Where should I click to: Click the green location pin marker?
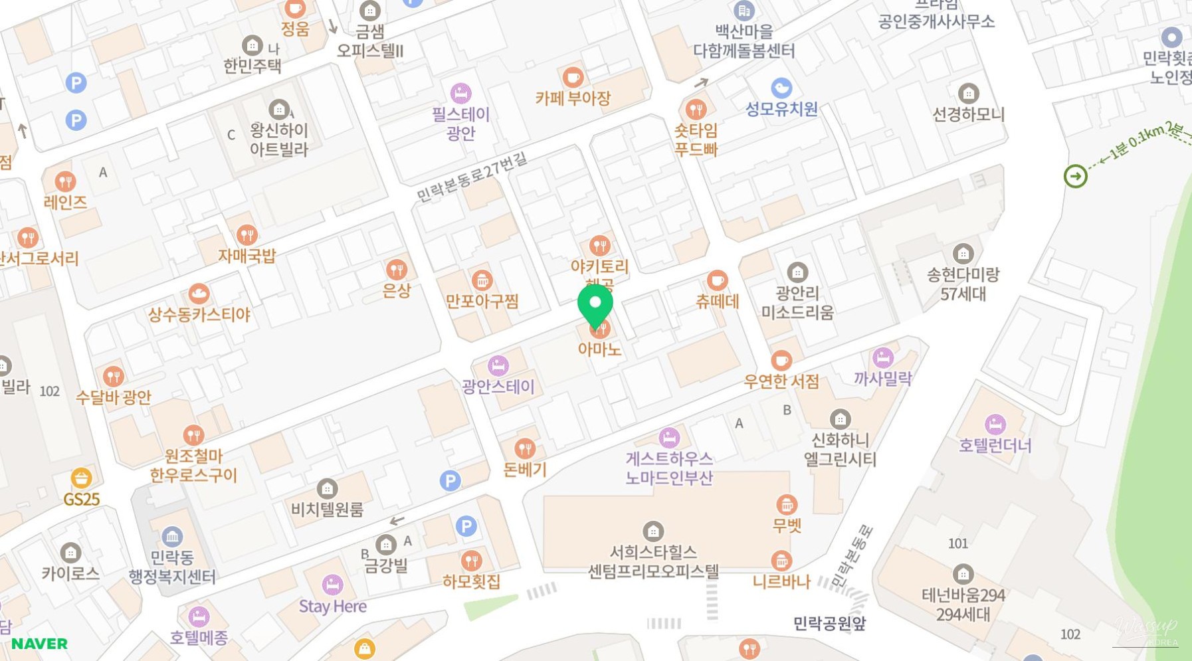coord(595,305)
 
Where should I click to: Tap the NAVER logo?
coord(39,644)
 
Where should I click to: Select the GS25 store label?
coord(81,499)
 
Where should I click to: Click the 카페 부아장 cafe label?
coord(573,98)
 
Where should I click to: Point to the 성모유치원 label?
coord(781,109)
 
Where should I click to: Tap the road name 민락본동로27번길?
coord(472,176)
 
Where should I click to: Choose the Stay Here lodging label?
coord(332,606)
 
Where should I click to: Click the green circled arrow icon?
coord(1075,176)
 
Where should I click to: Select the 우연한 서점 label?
coord(781,381)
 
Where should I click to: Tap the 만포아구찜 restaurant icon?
coord(482,280)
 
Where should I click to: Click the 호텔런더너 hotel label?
coord(995,445)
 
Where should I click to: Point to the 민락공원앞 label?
coord(829,623)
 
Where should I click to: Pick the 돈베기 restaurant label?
coord(525,469)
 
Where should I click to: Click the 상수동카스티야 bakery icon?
coord(199,294)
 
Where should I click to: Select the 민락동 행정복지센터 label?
coord(172,567)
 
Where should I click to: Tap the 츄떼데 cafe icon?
coord(717,280)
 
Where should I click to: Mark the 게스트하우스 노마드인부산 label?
coord(669,468)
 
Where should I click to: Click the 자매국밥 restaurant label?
coord(247,256)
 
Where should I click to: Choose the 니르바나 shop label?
coord(781,582)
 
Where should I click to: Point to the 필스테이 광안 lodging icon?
coord(460,93)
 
